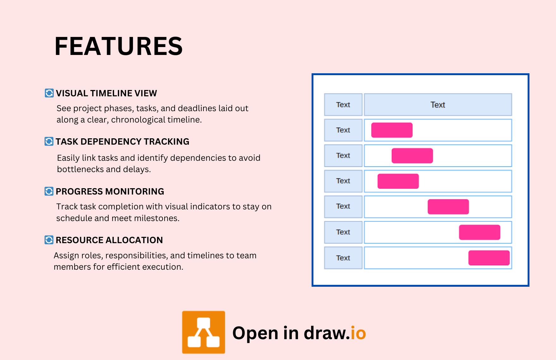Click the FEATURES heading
(x=118, y=46)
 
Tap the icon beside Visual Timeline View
(x=49, y=93)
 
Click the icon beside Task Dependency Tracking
(x=49, y=141)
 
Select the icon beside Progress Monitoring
(x=49, y=191)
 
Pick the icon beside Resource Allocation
(x=49, y=240)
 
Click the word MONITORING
(x=135, y=191)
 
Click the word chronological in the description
(x=138, y=120)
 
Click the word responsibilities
(x=136, y=255)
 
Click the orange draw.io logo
(x=203, y=332)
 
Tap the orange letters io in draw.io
(x=358, y=333)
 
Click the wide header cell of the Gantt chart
(x=438, y=105)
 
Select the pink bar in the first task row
(x=392, y=130)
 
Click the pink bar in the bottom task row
(x=489, y=258)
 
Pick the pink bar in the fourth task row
(x=448, y=207)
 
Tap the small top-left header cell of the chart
(x=343, y=105)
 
